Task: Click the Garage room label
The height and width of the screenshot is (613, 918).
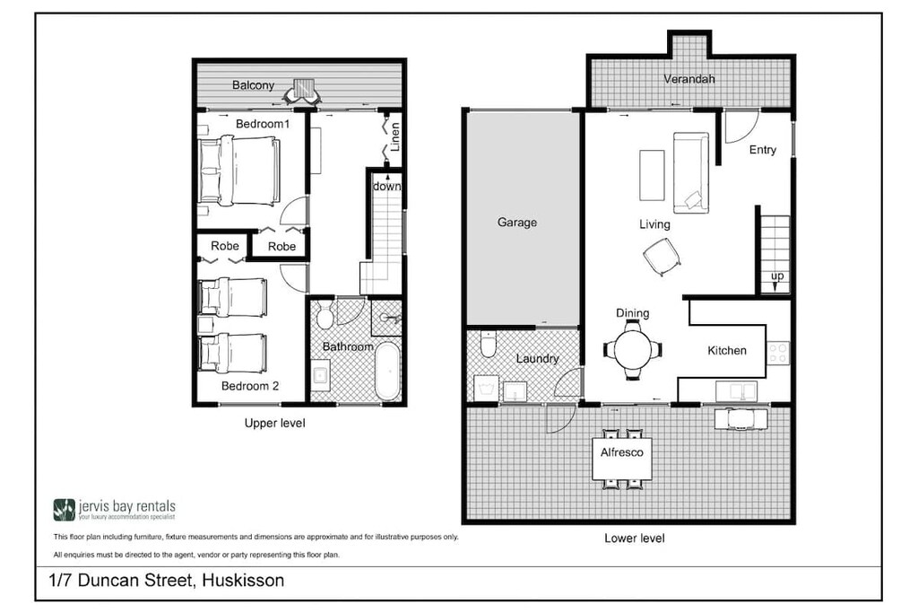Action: tap(517, 222)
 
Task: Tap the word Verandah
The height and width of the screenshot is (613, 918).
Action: tap(688, 79)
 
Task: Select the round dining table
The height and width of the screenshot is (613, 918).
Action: tap(633, 350)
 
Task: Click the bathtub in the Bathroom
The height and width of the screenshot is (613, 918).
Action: tap(387, 370)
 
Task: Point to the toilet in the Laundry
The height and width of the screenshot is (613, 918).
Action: tap(489, 344)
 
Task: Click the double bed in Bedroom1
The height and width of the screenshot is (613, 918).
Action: tap(240, 171)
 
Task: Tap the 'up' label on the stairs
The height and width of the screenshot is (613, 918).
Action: tap(776, 276)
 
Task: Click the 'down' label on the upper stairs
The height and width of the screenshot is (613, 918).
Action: tap(386, 187)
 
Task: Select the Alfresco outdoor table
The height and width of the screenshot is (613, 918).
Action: tap(621, 459)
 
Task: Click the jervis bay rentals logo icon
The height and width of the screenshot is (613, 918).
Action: tap(64, 510)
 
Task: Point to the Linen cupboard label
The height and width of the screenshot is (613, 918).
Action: tap(395, 138)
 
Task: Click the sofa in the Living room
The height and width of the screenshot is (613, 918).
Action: tap(690, 172)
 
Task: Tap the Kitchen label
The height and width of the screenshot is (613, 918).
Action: tap(726, 350)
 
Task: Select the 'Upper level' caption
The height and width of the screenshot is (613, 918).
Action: tap(274, 423)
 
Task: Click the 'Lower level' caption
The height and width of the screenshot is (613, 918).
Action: tap(634, 539)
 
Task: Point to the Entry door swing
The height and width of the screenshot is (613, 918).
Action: tap(740, 127)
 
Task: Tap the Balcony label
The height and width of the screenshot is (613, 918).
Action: tap(253, 85)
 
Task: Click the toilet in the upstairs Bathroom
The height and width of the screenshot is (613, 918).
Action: tap(325, 317)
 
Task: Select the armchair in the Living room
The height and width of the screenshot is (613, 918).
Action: tap(662, 258)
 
